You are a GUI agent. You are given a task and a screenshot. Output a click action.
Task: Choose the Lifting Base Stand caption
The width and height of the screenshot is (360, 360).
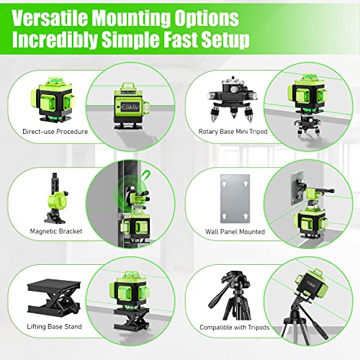[x=45, y=325]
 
